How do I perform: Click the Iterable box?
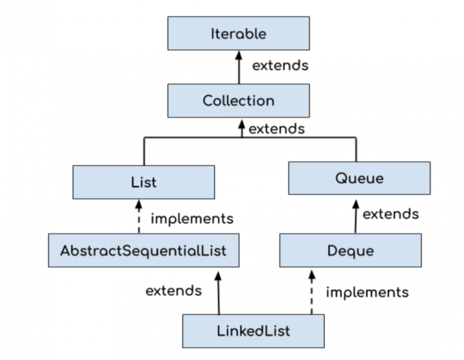[238, 33]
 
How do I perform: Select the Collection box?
[238, 101]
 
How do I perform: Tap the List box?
[144, 182]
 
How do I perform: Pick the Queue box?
[359, 178]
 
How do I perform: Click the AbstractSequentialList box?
[143, 251]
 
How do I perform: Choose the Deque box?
[350, 251]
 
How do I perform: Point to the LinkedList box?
[253, 331]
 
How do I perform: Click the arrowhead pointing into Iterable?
[239, 55]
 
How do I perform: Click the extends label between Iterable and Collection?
[280, 65]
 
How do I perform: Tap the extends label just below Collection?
[277, 129]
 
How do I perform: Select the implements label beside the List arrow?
[192, 219]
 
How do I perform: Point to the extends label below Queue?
[390, 214]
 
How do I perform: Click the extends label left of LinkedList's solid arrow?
[174, 291]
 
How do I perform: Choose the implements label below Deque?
[367, 292]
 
